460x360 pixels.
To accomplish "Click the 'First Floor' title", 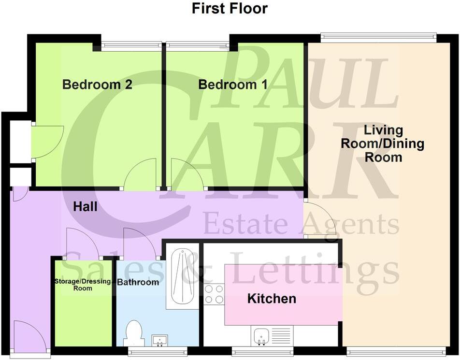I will [230, 8].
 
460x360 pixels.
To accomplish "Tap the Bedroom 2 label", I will [97, 85].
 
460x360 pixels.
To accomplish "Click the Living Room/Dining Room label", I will [383, 144].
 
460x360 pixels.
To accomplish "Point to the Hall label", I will [85, 207].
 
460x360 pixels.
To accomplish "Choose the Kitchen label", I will [272, 299].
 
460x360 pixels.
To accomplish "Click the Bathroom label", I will [138, 282].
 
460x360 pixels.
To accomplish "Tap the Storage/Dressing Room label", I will [82, 285].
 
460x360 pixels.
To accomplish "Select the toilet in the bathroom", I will [133, 334].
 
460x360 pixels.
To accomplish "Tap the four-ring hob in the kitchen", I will [214, 294].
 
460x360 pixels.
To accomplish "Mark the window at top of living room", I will [378, 37].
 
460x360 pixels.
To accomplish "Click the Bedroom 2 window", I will [130, 45].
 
